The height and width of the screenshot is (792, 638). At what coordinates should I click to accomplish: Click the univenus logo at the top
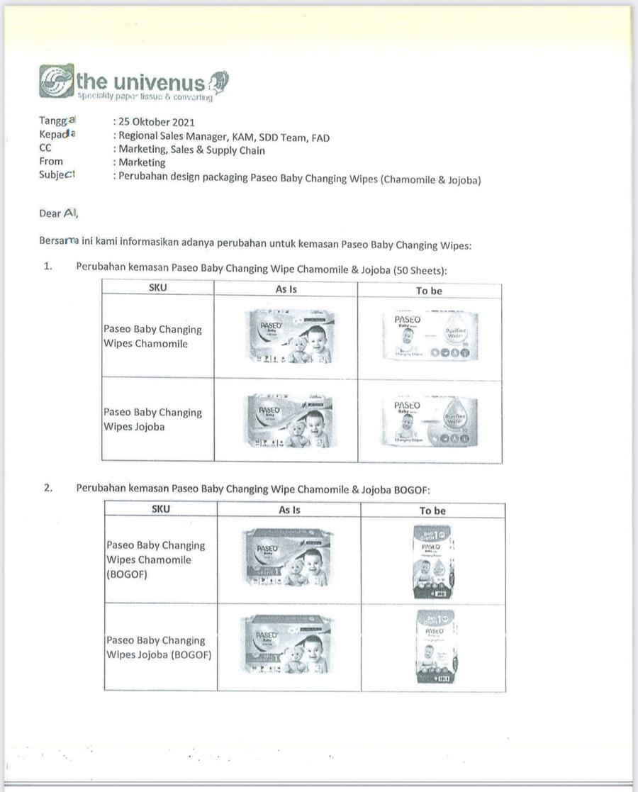click(133, 83)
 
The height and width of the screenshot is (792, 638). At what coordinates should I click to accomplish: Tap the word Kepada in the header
click(57, 135)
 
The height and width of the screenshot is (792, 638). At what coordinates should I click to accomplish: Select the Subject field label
click(57, 175)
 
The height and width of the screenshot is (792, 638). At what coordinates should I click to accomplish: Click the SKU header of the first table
click(158, 288)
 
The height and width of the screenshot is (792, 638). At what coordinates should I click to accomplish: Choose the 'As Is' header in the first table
click(286, 289)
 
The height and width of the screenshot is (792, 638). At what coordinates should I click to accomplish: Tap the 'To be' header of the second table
click(432, 511)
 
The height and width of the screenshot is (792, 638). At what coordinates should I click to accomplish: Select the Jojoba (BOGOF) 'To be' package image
click(435, 646)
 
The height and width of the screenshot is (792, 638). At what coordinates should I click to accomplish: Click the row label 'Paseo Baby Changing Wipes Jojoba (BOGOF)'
click(158, 647)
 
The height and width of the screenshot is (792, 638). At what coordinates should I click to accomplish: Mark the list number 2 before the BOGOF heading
click(48, 489)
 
